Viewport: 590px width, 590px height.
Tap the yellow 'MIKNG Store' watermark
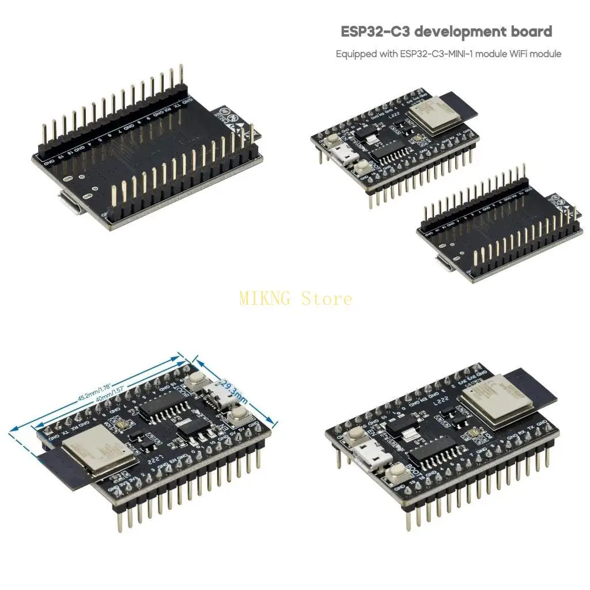click(295, 298)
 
